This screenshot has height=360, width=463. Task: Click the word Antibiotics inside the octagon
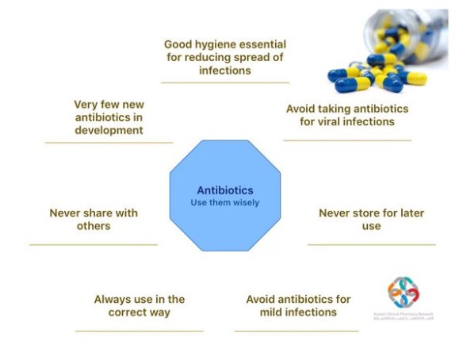[226, 190]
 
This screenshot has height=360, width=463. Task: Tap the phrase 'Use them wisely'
[226, 203]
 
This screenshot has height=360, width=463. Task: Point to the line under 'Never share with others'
[94, 244]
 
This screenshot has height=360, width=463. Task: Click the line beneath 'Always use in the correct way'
[139, 331]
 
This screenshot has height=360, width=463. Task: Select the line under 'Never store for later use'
[371, 244]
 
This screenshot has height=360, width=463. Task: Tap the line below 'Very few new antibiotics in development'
[109, 143]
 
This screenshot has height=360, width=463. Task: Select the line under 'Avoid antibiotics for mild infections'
[297, 331]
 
